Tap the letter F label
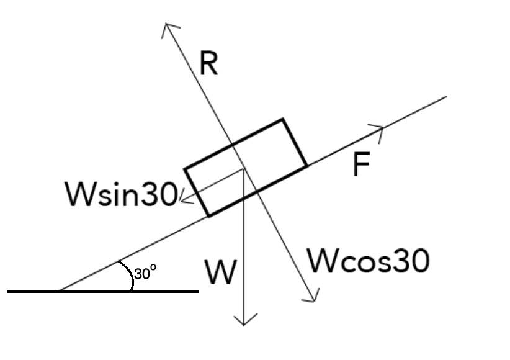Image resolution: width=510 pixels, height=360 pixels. point(360,165)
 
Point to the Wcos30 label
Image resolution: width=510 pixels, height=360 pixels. point(368,261)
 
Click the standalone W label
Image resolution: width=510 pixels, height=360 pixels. point(221,272)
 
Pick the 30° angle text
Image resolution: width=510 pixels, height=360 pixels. point(145,273)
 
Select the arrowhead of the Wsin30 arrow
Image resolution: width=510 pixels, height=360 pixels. point(181,198)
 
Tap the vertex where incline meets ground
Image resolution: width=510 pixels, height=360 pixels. point(58,290)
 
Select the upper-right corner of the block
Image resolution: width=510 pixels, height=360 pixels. point(283,119)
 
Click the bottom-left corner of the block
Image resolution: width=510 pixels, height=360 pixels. point(209,216)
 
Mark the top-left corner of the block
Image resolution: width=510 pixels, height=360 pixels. point(185,168)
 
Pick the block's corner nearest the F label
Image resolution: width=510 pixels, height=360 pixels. point(306,166)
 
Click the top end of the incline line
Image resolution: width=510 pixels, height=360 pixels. point(446,97)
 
